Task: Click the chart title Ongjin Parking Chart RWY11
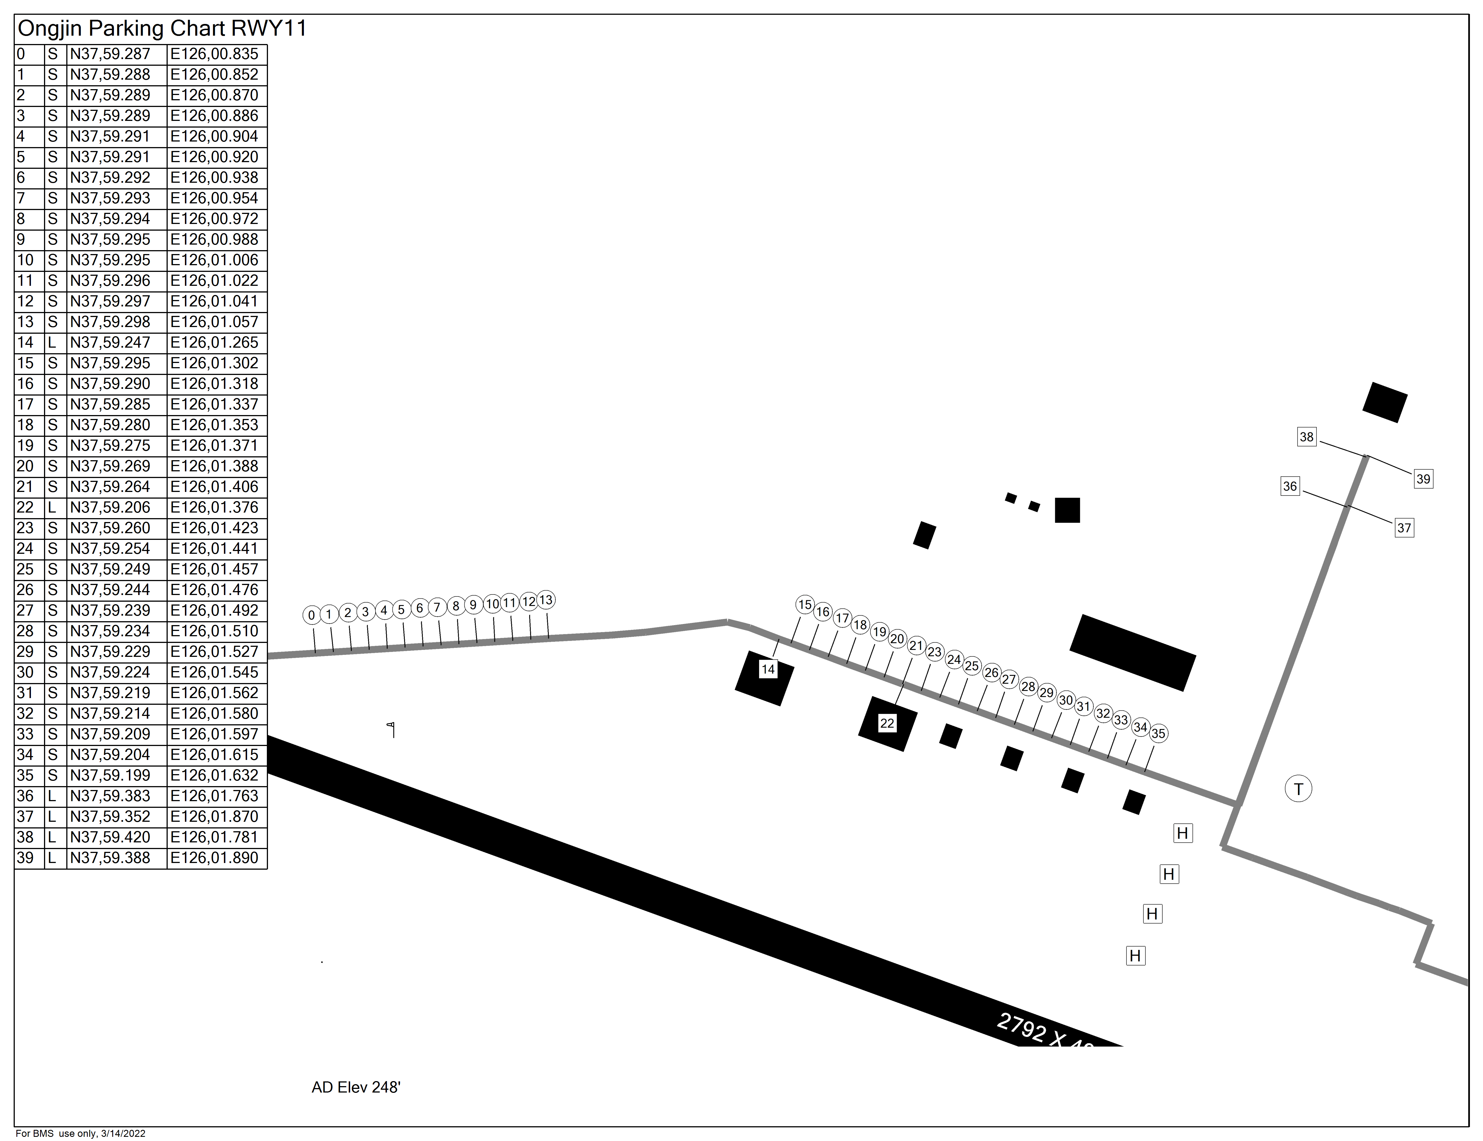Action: click(162, 28)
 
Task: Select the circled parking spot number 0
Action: click(311, 615)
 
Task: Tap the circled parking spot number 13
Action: click(546, 600)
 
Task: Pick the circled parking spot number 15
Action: click(805, 604)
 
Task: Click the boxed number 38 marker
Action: click(1306, 437)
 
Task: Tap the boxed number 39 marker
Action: click(1423, 479)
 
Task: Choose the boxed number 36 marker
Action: click(1289, 486)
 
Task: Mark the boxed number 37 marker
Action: click(1404, 528)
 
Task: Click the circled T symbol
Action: click(1298, 789)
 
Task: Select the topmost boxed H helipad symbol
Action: click(1183, 833)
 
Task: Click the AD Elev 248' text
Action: click(356, 1087)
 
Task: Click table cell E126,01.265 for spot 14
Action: click(214, 342)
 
